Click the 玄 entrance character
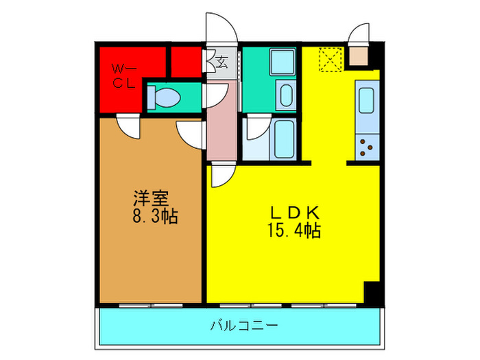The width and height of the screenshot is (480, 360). pos(221,62)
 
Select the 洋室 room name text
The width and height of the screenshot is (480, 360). pos(151,200)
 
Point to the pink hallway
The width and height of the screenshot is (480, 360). pos(221,123)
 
